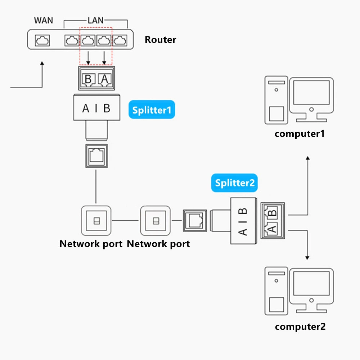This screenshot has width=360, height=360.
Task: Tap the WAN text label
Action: click(44, 20)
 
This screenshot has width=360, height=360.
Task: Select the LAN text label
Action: click(96, 20)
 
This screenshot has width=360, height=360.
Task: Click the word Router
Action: click(161, 40)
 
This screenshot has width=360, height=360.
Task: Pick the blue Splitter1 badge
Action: click(152, 110)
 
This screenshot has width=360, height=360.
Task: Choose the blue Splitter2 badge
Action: click(234, 183)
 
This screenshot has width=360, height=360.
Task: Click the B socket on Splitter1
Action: click(88, 78)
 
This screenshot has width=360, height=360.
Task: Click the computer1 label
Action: click(300, 134)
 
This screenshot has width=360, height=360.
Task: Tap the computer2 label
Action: click(300, 327)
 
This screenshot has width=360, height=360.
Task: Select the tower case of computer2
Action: click(276, 291)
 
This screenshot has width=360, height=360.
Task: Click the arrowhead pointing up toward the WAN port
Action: click(42, 64)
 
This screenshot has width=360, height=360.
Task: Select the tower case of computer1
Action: click(276, 100)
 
